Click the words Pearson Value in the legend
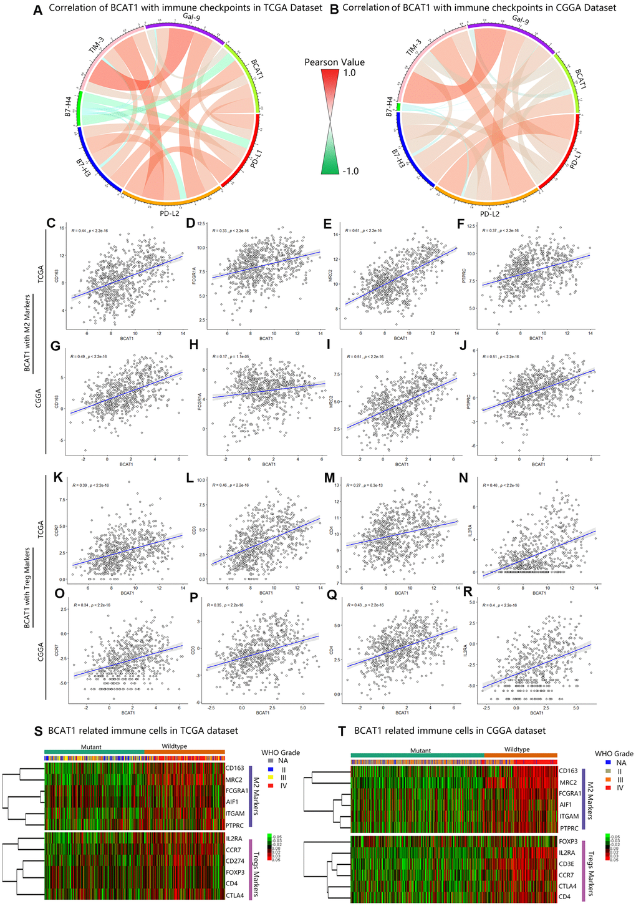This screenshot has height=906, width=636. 334,62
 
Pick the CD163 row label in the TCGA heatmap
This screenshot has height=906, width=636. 237,768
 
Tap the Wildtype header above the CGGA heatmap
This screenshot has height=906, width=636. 516,749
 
